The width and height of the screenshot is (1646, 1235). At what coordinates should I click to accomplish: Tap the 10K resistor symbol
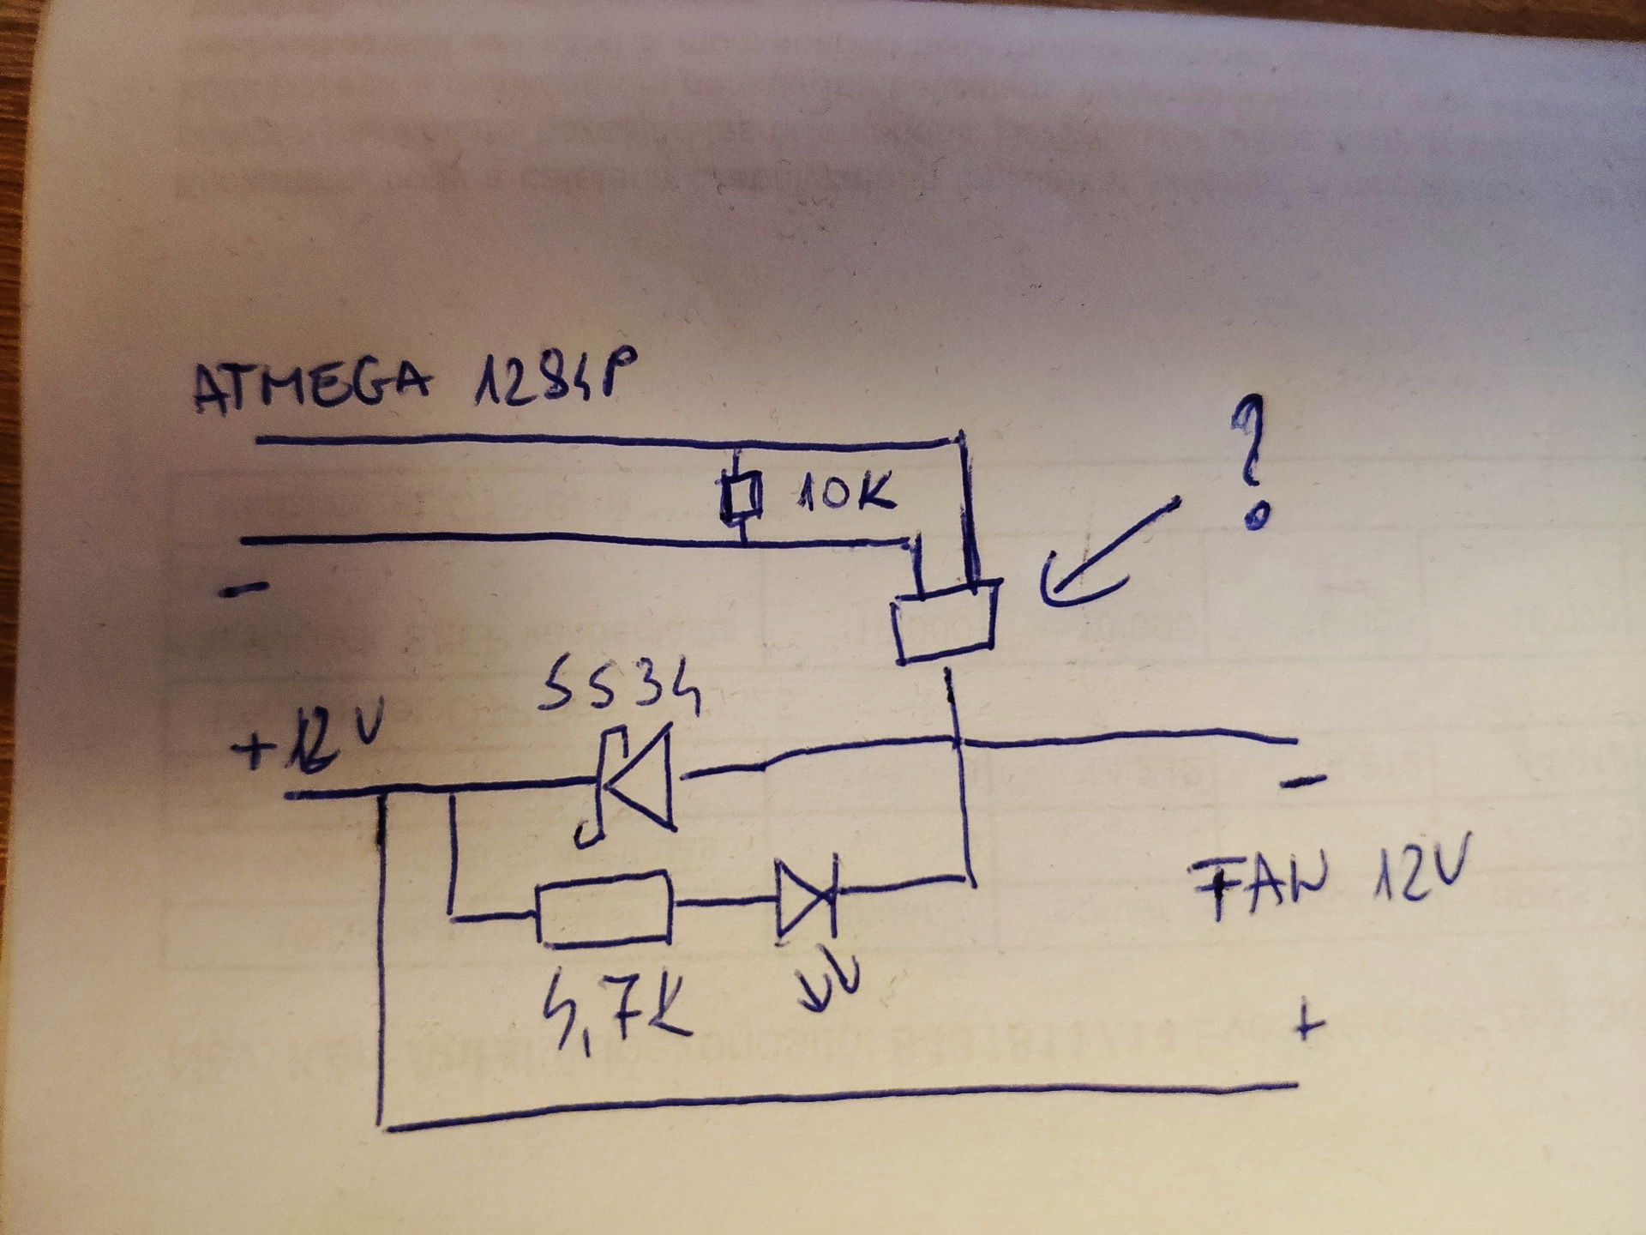point(741,497)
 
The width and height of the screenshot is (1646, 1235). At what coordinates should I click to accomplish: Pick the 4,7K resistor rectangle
point(604,909)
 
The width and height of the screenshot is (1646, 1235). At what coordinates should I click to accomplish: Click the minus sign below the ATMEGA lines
point(245,589)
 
